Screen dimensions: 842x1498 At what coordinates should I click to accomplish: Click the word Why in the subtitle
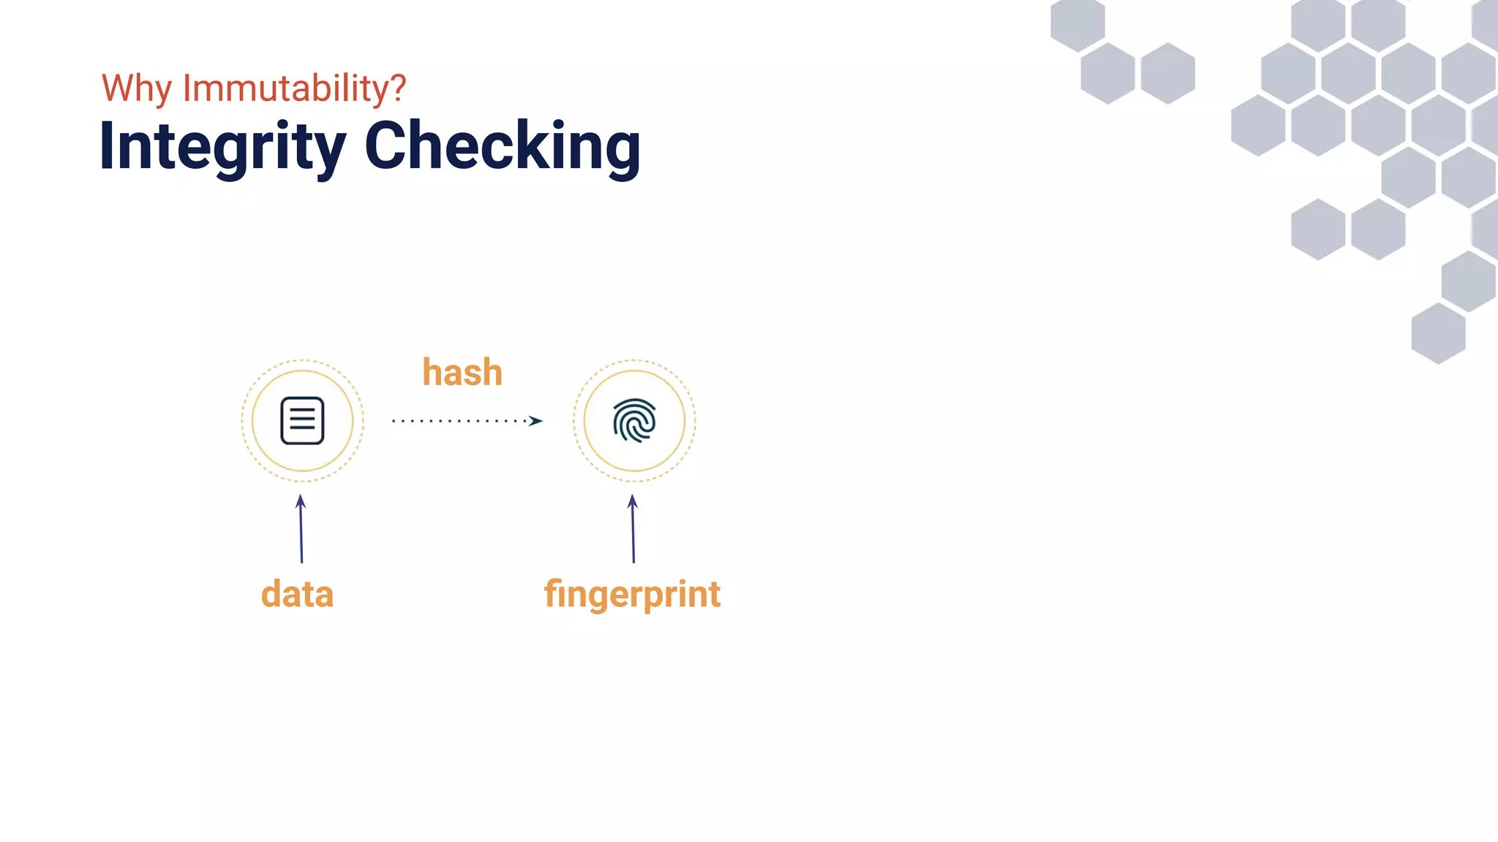click(x=136, y=89)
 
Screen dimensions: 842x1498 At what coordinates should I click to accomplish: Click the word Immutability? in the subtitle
click(x=294, y=89)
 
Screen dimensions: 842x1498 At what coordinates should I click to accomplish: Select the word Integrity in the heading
click(x=222, y=147)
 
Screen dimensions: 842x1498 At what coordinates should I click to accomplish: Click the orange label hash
click(x=462, y=373)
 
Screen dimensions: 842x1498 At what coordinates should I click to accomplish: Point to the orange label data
click(x=297, y=594)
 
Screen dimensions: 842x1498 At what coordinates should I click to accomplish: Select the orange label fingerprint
click(x=632, y=594)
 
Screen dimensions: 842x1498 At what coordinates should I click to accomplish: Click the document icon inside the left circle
click(x=302, y=420)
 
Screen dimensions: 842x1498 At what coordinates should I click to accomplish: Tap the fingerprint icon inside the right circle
click(x=634, y=420)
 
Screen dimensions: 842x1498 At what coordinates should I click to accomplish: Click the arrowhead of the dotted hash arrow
click(x=536, y=420)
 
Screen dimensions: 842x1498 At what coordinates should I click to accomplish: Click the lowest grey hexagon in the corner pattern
click(x=1438, y=333)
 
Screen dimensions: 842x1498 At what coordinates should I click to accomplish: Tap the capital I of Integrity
click(x=107, y=146)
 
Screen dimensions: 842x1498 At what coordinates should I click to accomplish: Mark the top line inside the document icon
click(x=302, y=410)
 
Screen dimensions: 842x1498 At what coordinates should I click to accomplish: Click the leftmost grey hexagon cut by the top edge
click(x=1077, y=22)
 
